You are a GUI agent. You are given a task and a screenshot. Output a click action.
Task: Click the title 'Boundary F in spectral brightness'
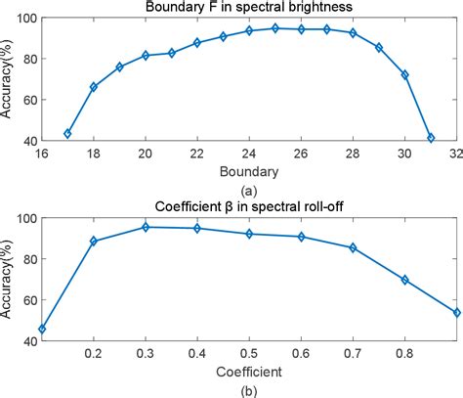[248, 8]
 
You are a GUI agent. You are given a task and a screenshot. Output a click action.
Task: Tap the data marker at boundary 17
[67, 133]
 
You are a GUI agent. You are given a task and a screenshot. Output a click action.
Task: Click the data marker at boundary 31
[431, 138]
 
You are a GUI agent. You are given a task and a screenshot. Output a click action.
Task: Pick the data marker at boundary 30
[404, 74]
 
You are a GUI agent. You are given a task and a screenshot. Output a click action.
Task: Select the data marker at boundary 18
[94, 87]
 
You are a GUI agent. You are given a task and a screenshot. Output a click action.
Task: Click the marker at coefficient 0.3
[146, 227]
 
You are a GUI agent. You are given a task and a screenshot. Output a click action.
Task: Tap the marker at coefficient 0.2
[93, 241]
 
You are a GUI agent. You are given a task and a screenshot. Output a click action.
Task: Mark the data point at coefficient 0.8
[405, 280]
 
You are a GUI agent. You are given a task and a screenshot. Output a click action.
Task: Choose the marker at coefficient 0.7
[353, 247]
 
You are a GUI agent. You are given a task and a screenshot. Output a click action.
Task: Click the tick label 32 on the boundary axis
[457, 154]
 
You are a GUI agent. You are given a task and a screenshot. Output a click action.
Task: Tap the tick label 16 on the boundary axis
[41, 154]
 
